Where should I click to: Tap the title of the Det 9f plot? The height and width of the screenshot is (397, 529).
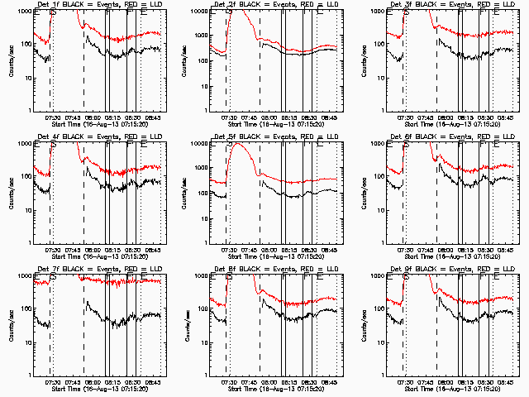(451, 270)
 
